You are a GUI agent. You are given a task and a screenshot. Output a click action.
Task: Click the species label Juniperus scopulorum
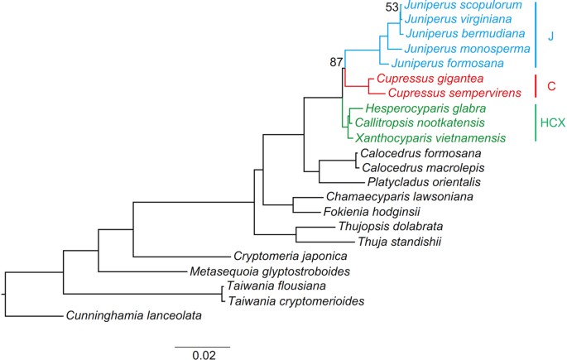(464, 6)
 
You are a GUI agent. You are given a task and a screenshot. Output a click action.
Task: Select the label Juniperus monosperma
(467, 49)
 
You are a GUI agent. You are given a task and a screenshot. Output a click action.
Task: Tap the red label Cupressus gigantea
(430, 79)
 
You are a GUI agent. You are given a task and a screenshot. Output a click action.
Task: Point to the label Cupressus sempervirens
(455, 93)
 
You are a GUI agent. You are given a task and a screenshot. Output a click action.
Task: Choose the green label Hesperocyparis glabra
(425, 108)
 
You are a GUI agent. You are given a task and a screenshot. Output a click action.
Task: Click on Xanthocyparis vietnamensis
(430, 137)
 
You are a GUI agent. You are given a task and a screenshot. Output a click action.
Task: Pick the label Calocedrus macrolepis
(423, 168)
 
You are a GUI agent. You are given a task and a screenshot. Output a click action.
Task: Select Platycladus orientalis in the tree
(424, 182)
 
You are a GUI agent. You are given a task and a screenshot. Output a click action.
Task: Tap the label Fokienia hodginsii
(372, 211)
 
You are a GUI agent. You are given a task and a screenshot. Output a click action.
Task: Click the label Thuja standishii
(400, 242)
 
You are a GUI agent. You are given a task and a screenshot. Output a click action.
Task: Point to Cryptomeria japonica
(291, 257)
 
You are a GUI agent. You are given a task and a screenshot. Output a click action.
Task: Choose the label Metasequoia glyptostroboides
(270, 271)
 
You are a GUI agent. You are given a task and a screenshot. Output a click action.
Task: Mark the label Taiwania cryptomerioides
(296, 300)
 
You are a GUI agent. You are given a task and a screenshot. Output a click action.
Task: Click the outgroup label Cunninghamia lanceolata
(134, 315)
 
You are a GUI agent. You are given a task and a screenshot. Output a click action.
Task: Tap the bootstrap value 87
(336, 63)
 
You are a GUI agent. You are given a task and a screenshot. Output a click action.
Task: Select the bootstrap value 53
(392, 7)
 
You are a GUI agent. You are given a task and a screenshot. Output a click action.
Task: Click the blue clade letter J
(550, 36)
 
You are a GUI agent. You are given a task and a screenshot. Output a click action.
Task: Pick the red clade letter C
(551, 86)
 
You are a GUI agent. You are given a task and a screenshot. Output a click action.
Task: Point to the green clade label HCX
(553, 122)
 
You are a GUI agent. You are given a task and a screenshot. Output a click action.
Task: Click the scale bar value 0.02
(204, 355)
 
